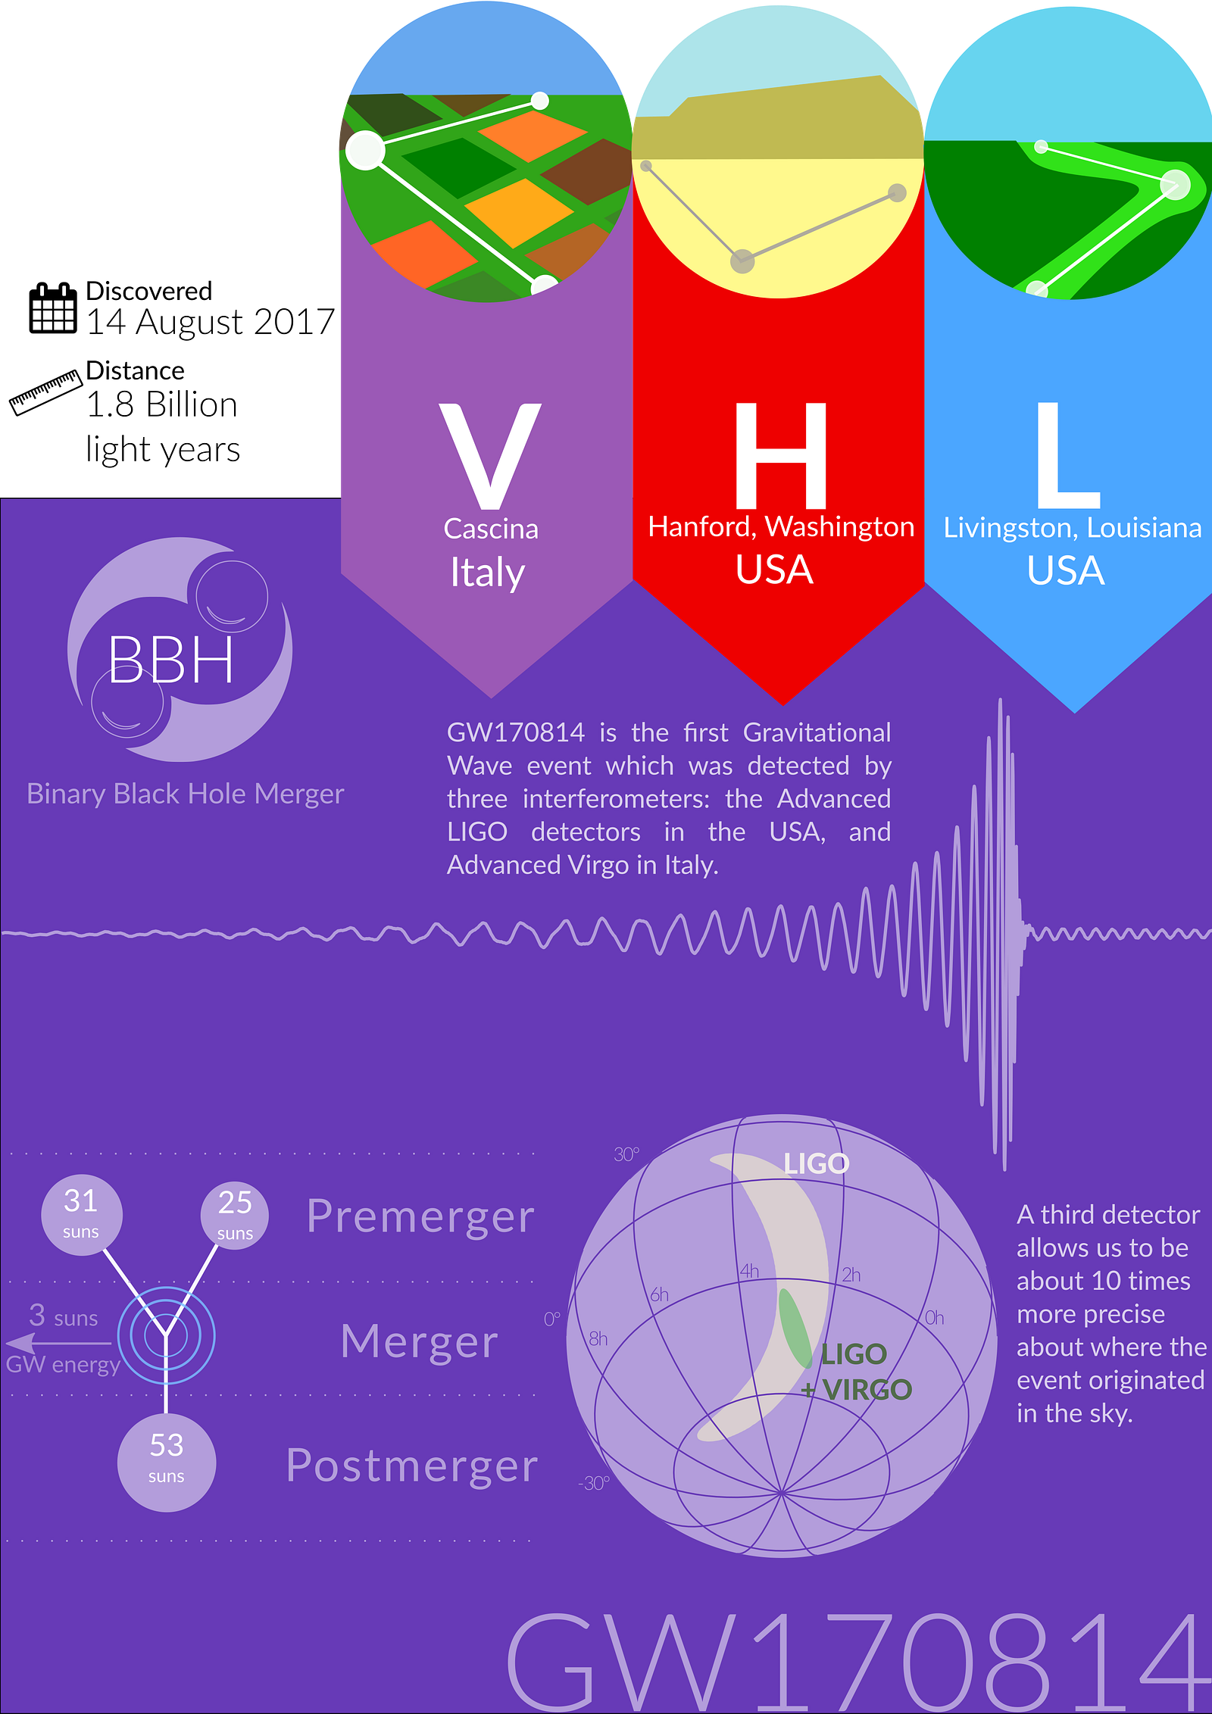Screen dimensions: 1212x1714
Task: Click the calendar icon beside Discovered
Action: pos(53,308)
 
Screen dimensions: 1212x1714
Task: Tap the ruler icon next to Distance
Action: pos(45,392)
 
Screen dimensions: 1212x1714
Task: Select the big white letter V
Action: pos(490,455)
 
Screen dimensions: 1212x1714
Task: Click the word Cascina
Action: pos(491,529)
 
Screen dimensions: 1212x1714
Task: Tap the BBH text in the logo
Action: pos(171,660)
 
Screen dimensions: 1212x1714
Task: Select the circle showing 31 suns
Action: pos(81,1216)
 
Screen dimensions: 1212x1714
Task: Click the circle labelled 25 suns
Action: pos(235,1215)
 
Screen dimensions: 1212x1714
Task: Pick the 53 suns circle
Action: pos(167,1463)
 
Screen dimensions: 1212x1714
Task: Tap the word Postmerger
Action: pos(412,1466)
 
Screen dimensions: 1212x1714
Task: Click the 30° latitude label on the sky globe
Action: pos(626,1154)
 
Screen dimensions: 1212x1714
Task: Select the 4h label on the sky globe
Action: pos(749,1271)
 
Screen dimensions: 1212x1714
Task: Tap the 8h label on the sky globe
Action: pos(598,1339)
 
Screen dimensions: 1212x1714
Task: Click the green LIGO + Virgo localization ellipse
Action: pos(795,1328)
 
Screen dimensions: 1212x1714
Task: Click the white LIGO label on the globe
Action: pos(817,1163)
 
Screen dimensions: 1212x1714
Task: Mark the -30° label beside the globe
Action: pos(594,1483)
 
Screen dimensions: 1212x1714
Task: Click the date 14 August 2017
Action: pos(211,322)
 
